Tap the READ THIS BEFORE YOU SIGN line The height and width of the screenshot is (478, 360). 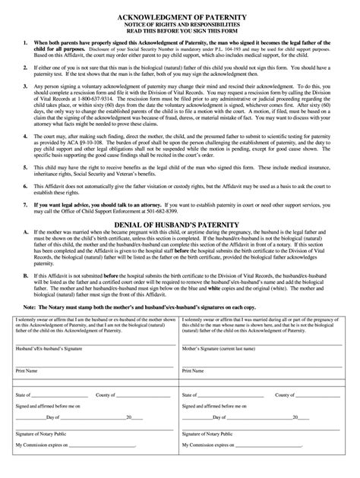[x=180, y=32]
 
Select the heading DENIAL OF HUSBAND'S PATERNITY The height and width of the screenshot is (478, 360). [x=180, y=225]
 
